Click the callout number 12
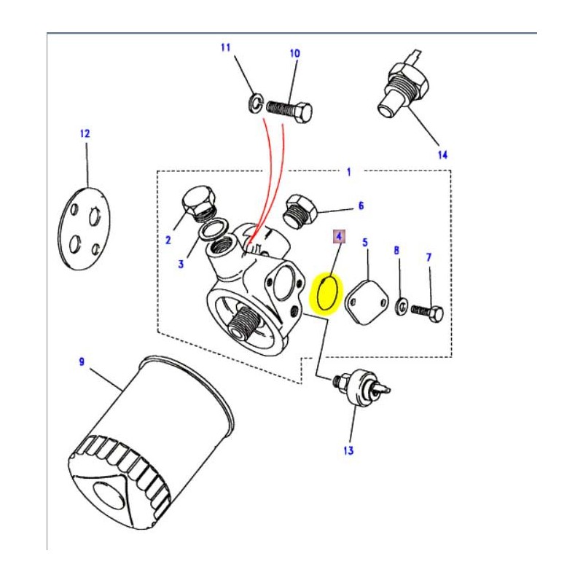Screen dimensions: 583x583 point(85,133)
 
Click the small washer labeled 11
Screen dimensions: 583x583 point(253,102)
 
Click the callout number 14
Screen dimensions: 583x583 point(442,154)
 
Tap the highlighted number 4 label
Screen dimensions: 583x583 point(338,237)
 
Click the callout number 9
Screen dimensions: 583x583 point(82,361)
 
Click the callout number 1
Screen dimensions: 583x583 point(348,172)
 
